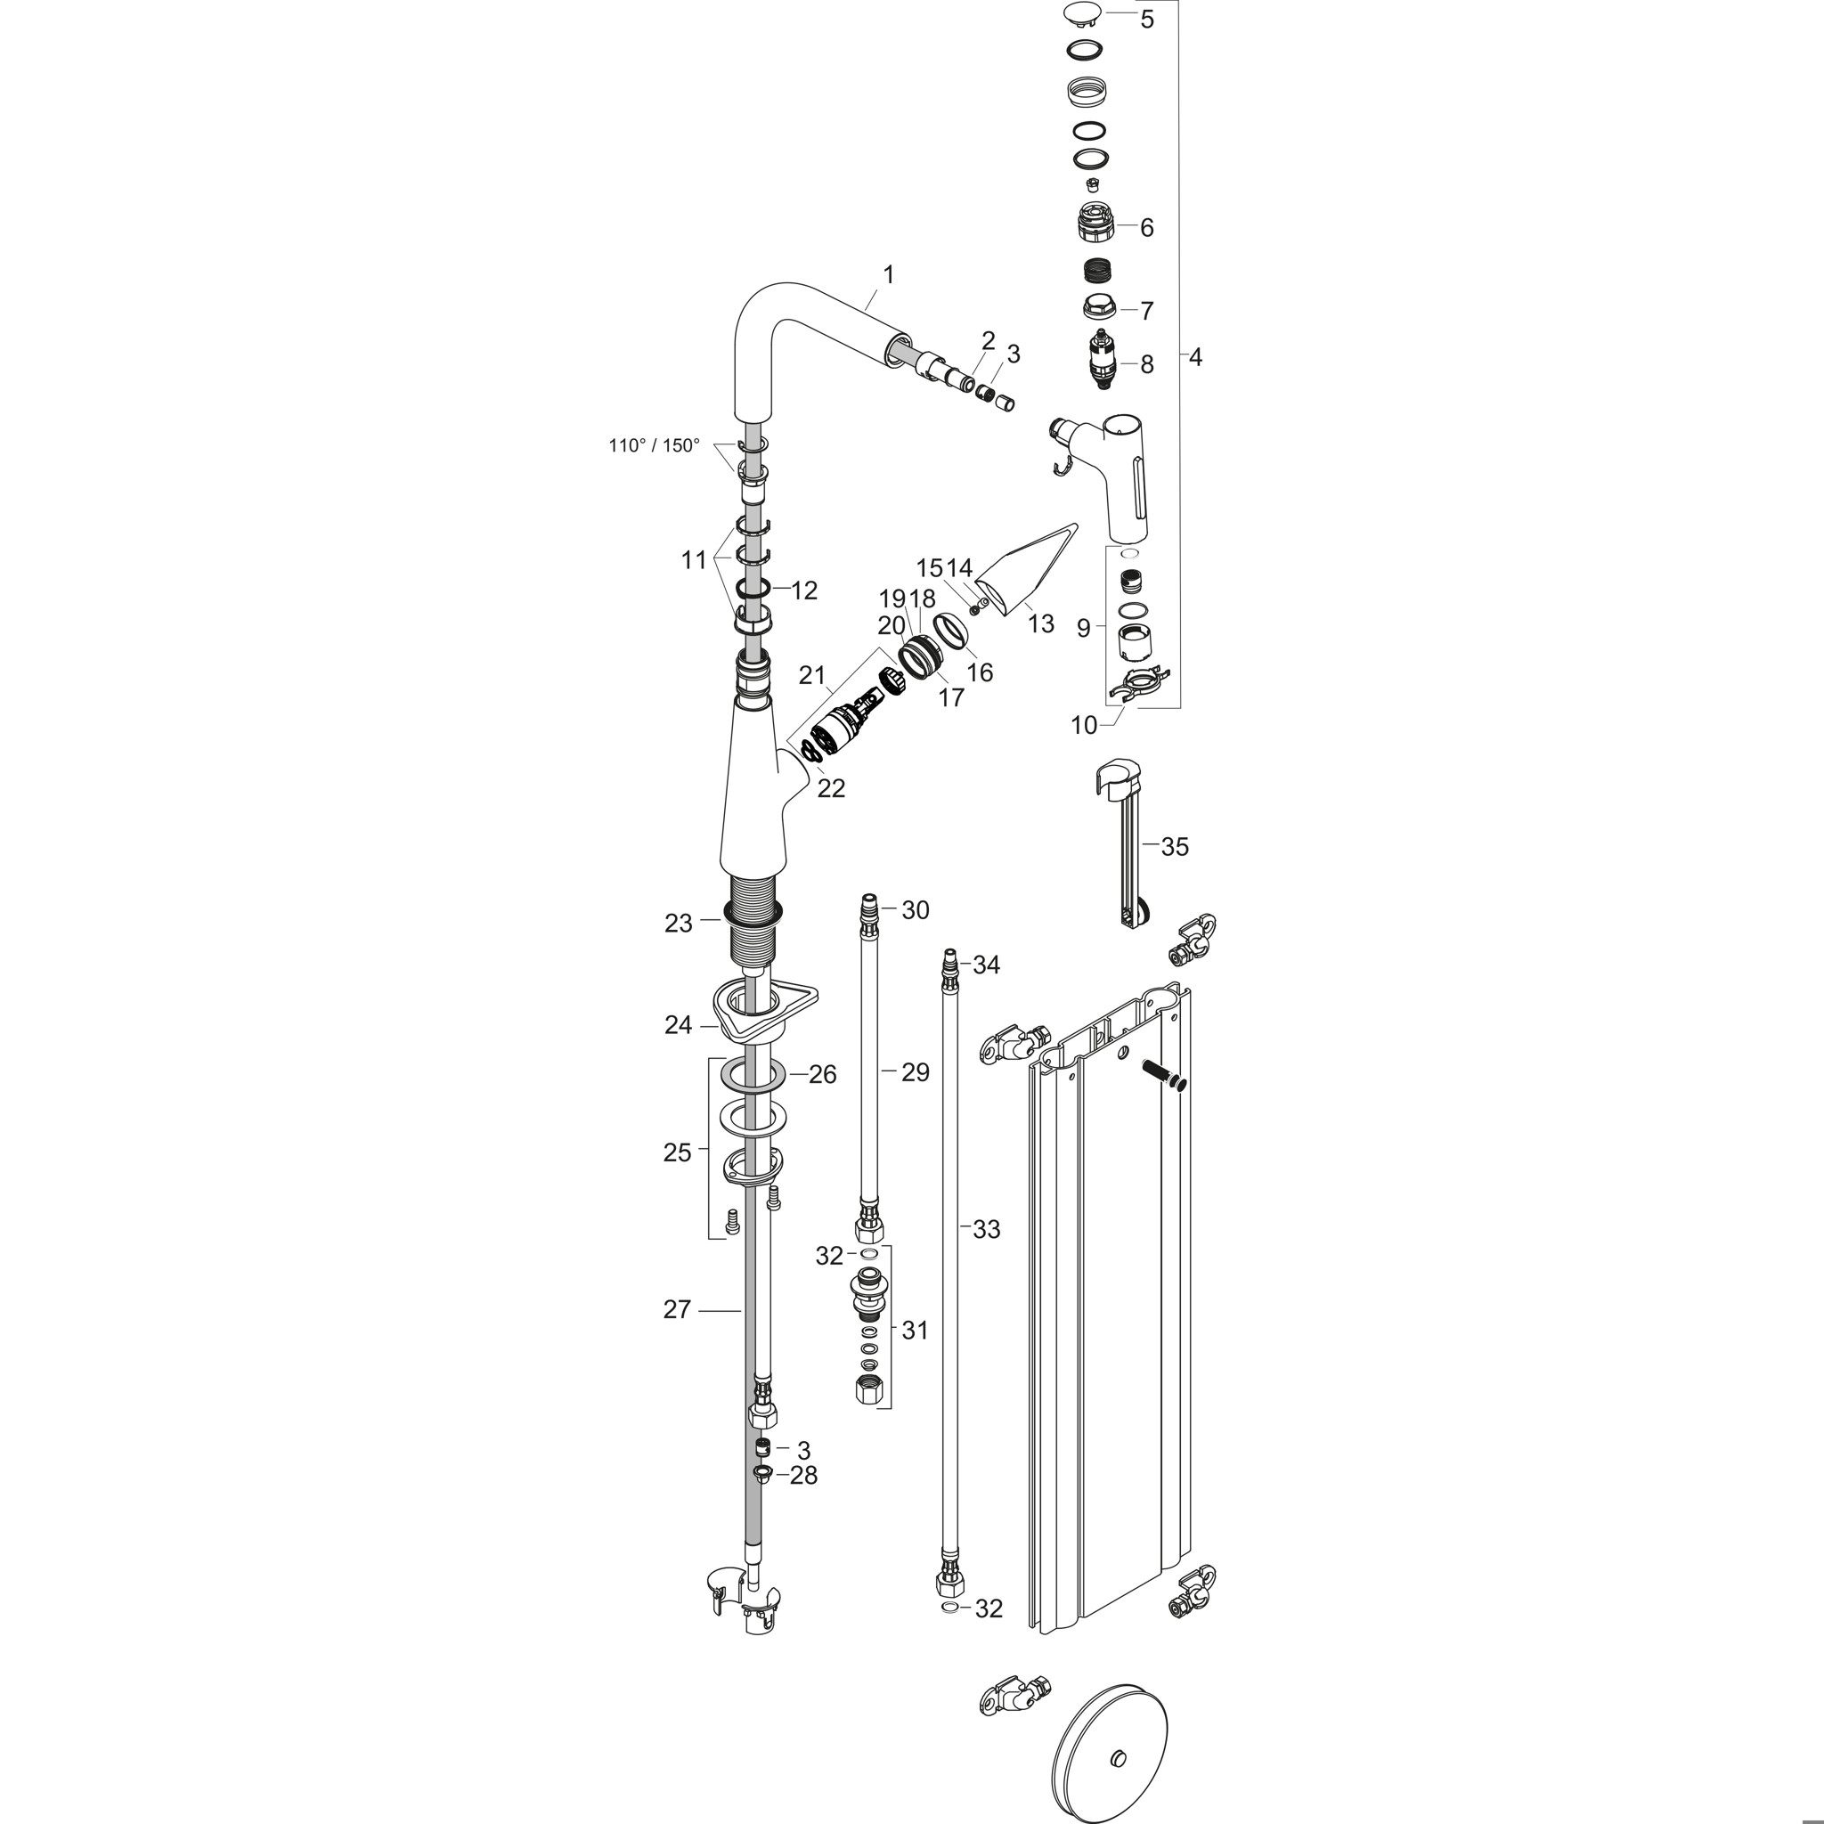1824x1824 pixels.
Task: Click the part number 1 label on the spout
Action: [887, 274]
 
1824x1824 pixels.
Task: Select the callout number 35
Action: [1175, 847]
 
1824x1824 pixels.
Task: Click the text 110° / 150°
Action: [655, 444]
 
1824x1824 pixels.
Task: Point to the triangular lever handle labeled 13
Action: [1024, 566]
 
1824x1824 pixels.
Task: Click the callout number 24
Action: [678, 1024]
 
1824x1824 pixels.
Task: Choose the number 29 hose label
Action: [915, 1072]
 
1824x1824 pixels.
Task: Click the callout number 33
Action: [987, 1229]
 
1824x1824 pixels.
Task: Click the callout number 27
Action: [677, 1309]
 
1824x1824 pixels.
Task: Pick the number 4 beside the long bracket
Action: [1195, 358]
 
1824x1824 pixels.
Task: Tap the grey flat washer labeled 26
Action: [753, 1073]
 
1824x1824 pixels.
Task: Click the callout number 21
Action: [812, 676]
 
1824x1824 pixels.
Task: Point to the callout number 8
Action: [1146, 364]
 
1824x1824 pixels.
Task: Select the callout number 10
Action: [1084, 725]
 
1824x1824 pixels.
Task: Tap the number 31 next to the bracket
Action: [915, 1331]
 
